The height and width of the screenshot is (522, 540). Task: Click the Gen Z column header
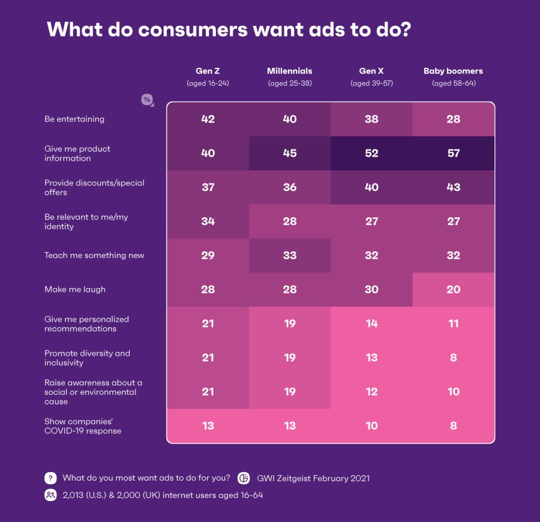point(208,71)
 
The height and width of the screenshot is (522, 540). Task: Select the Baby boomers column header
point(453,71)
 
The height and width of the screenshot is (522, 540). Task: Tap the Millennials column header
point(290,71)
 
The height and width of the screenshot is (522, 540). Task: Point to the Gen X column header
point(371,71)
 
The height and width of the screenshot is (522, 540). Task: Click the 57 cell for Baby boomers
point(453,153)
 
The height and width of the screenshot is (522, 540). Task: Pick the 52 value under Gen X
point(371,153)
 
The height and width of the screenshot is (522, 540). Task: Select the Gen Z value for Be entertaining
point(208,119)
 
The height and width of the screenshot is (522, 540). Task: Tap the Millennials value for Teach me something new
point(290,255)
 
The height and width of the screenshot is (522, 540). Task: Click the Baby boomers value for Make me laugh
point(453,289)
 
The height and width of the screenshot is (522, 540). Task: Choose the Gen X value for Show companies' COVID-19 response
point(371,425)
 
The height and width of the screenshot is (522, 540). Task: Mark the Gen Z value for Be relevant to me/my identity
point(208,221)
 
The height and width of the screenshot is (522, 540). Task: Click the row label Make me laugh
point(75,289)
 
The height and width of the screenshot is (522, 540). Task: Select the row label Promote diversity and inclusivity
point(87,358)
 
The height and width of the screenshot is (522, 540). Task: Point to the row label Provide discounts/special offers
point(94,187)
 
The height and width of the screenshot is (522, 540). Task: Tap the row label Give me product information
point(77,153)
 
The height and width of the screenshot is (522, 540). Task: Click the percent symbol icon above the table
point(146,100)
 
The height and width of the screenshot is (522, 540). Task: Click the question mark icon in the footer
point(50,478)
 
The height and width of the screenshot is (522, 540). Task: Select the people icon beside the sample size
point(50,496)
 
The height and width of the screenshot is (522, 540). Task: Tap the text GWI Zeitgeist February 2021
point(313,478)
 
